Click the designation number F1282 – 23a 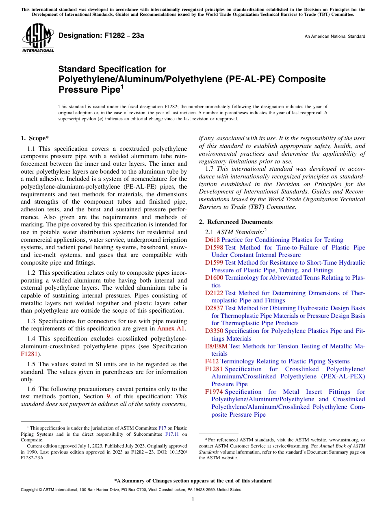[101, 36]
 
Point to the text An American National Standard [334, 37]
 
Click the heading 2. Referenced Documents [236, 222]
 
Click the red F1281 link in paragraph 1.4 [28, 354]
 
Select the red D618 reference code [213, 240]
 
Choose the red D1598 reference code [214, 248]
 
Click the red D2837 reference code [214, 308]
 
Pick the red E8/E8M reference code [216, 346]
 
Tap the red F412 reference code [212, 361]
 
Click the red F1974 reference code [214, 392]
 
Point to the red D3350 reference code [214, 331]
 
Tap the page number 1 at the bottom [193, 500]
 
